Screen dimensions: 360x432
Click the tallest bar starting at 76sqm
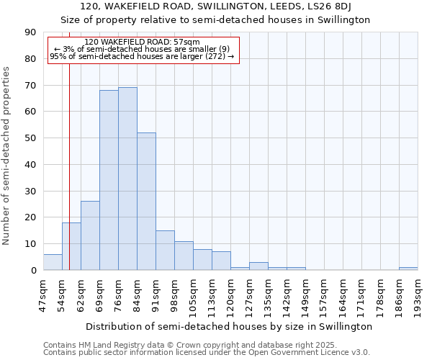pos(127,179)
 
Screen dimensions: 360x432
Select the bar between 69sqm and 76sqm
pos(109,180)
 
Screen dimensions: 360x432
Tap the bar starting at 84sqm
pos(146,202)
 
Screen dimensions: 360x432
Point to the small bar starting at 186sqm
pos(408,269)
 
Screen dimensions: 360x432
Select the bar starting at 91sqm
pos(165,250)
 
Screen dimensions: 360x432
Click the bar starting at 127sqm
pos(258,266)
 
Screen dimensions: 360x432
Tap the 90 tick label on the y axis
pos(30,32)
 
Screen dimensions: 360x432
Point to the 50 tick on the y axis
pos(30,138)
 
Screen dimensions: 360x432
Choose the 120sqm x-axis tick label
pos(230,296)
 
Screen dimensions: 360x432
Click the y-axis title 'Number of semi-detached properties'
pos(7,156)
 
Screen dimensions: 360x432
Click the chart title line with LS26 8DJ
pos(225,6)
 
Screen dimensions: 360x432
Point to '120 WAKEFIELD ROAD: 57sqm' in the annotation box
pos(143,42)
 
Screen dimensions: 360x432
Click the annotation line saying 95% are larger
pos(143,56)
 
